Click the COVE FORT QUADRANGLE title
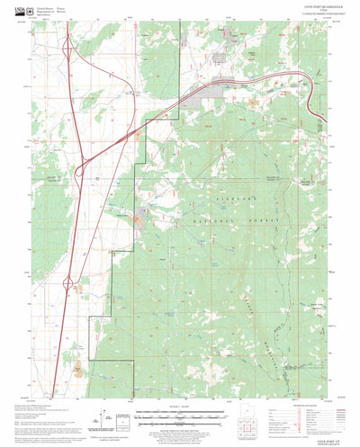point(285,9)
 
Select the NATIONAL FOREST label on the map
point(216,220)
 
